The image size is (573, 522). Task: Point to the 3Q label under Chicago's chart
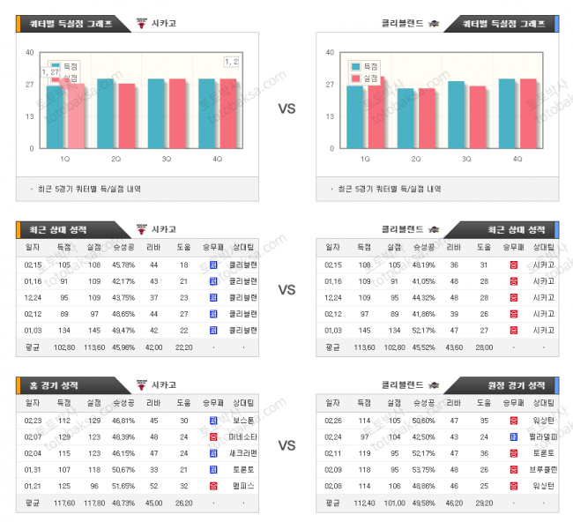pos(167,159)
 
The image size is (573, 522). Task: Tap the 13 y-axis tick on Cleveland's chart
pos(330,116)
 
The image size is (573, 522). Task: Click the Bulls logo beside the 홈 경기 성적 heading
pos(142,384)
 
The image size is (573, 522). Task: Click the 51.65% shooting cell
pos(123,486)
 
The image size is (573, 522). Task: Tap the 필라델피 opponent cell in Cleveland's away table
pos(543,436)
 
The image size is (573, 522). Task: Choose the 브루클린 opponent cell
pos(543,469)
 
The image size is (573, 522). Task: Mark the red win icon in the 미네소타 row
pos(212,436)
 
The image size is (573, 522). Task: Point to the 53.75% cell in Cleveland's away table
pos(423,469)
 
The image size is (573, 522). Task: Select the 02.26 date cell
pos(333,421)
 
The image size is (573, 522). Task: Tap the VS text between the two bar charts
pos(286,109)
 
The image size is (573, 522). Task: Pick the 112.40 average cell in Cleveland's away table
pos(362,503)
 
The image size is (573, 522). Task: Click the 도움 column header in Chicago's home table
pos(183,402)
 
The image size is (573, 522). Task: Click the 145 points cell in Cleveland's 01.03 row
pos(362,330)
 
